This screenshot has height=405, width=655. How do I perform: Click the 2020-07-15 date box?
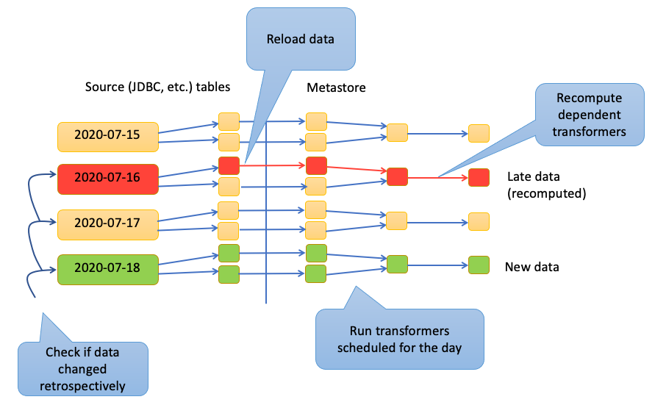(108, 137)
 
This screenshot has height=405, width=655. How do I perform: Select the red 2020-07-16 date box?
(108, 179)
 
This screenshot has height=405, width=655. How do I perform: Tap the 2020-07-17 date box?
(108, 225)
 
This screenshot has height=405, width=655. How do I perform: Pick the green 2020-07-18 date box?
(108, 270)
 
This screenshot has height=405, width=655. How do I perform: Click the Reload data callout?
(301, 39)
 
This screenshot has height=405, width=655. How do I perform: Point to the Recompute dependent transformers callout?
(590, 115)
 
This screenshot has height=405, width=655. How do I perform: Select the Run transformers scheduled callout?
(400, 339)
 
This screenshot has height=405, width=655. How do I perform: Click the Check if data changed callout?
(83, 369)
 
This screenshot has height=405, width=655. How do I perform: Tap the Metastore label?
(336, 87)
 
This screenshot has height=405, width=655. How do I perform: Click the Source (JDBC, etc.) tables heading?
(157, 87)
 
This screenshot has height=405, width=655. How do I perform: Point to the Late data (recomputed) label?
(546, 185)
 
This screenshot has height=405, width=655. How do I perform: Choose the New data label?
(531, 267)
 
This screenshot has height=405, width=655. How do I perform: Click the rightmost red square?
(479, 177)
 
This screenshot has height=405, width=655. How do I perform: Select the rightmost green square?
(479, 265)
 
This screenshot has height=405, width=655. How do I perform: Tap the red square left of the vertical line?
(229, 165)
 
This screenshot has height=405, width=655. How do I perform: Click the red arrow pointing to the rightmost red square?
(438, 178)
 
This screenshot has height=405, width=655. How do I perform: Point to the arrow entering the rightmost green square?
(438, 265)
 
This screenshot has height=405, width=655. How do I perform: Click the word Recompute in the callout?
(589, 98)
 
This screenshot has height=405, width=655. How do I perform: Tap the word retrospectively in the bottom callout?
(83, 386)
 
